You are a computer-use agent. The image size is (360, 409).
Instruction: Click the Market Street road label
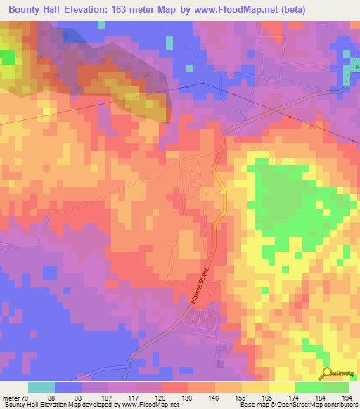(200, 285)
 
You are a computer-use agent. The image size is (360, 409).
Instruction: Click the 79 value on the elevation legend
(27, 397)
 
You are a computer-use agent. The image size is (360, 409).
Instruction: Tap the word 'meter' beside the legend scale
(11, 397)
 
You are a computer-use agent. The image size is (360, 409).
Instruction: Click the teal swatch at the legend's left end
(41, 387)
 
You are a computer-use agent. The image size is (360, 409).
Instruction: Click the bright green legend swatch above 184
(309, 387)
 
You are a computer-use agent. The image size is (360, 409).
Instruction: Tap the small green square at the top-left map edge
(8, 56)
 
